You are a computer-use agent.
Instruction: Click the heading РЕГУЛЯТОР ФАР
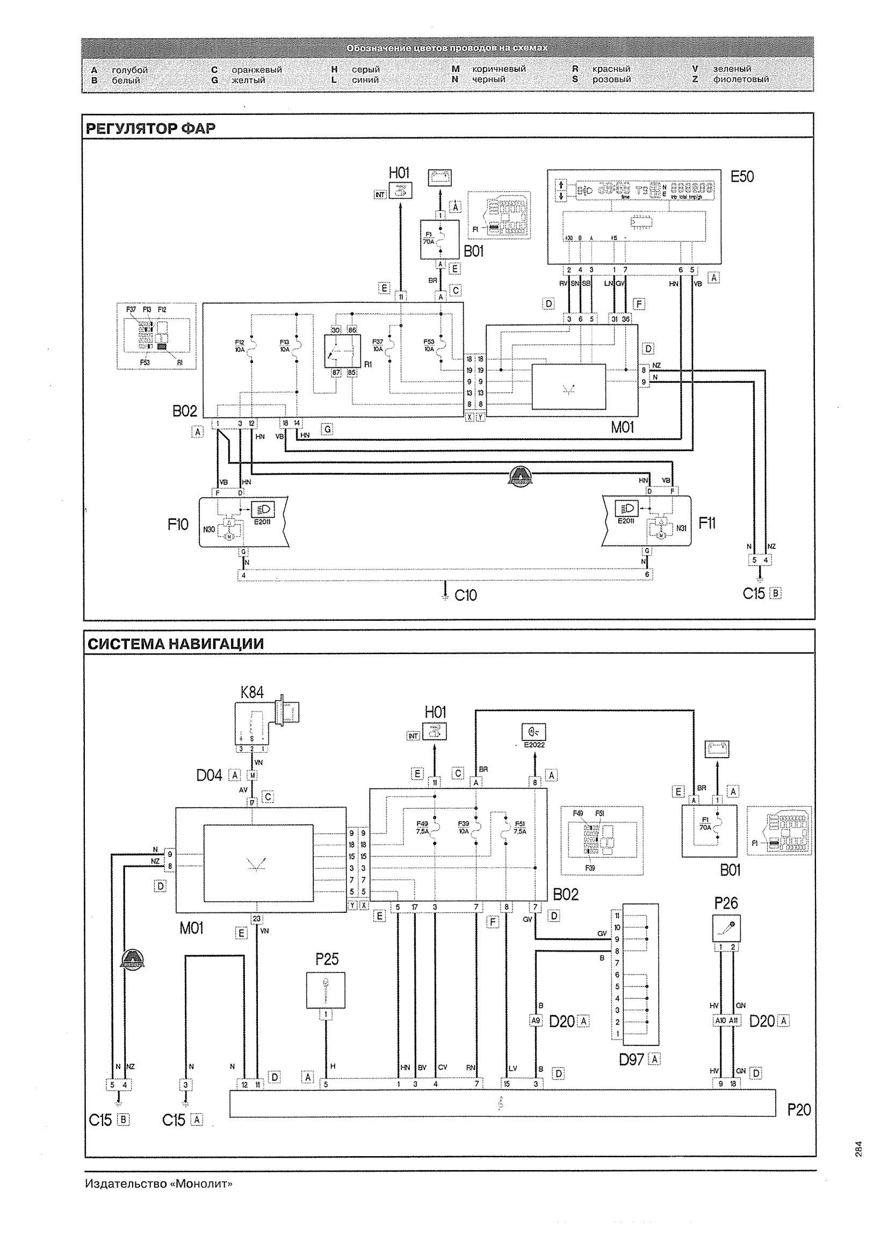pyautogui.click(x=150, y=128)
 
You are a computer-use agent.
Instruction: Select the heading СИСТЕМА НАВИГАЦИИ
pyautogui.click(x=176, y=644)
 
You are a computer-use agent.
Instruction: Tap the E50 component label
pyautogui.click(x=742, y=177)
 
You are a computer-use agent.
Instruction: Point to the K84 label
pyautogui.click(x=252, y=693)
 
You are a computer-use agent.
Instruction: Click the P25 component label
pyautogui.click(x=327, y=959)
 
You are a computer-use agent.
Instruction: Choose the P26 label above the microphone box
pyautogui.click(x=726, y=903)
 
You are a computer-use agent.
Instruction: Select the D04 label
pyautogui.click(x=210, y=775)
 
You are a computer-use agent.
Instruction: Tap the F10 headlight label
pyautogui.click(x=178, y=525)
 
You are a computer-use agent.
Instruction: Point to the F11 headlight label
pyautogui.click(x=707, y=524)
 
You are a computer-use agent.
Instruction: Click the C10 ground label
pyautogui.click(x=466, y=595)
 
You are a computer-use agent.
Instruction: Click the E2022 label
pyautogui.click(x=535, y=744)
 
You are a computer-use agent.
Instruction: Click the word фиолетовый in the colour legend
pyautogui.click(x=741, y=79)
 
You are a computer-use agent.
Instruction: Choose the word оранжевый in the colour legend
pyautogui.click(x=257, y=70)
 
